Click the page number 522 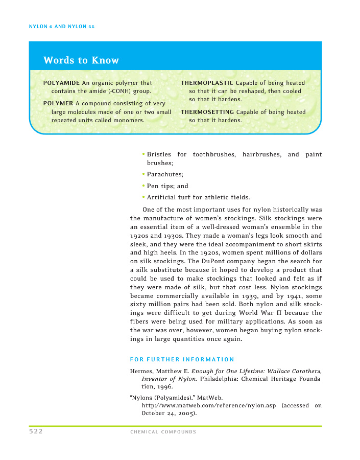[36, 431]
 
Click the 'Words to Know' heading [81, 60]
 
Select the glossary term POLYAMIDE [61, 83]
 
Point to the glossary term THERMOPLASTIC [207, 83]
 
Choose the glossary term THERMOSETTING [207, 112]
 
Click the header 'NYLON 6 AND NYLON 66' [62, 26]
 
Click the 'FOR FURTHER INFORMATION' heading [182, 359]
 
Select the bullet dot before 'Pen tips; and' [143, 186]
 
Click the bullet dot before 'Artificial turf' [143, 197]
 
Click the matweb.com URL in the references [208, 406]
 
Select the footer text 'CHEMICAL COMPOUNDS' [163, 432]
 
